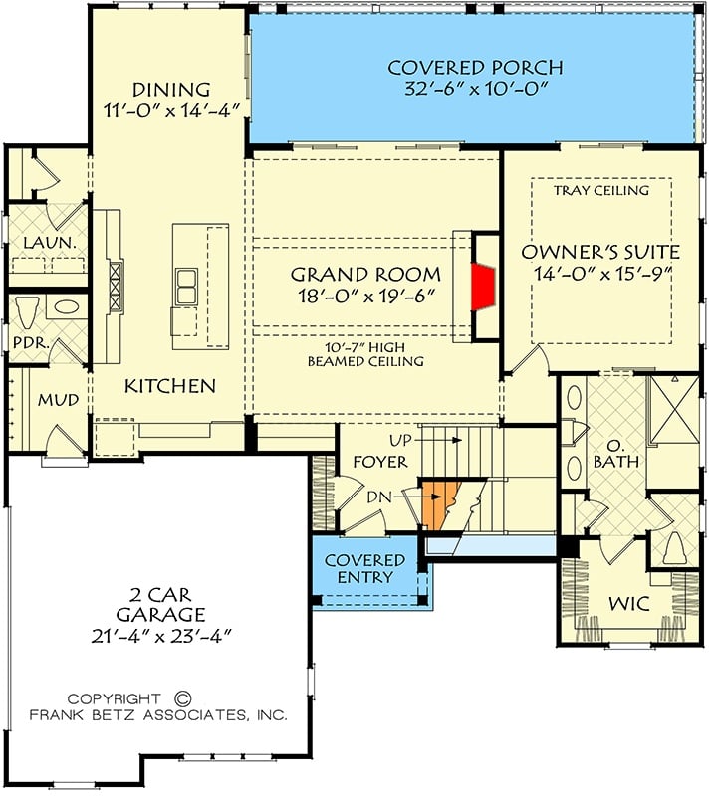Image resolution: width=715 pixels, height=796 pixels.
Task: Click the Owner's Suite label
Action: click(600, 252)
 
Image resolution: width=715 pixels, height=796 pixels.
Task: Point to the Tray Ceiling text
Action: click(600, 190)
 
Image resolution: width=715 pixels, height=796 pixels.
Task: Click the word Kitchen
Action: click(169, 385)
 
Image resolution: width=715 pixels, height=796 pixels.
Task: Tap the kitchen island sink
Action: click(185, 290)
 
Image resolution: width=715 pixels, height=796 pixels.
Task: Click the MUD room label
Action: click(51, 400)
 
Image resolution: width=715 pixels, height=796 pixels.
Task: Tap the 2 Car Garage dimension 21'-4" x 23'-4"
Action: click(159, 635)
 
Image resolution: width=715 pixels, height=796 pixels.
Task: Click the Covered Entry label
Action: click(364, 569)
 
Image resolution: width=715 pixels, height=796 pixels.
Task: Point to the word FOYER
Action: click(380, 462)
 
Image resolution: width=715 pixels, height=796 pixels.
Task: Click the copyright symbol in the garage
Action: click(182, 698)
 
